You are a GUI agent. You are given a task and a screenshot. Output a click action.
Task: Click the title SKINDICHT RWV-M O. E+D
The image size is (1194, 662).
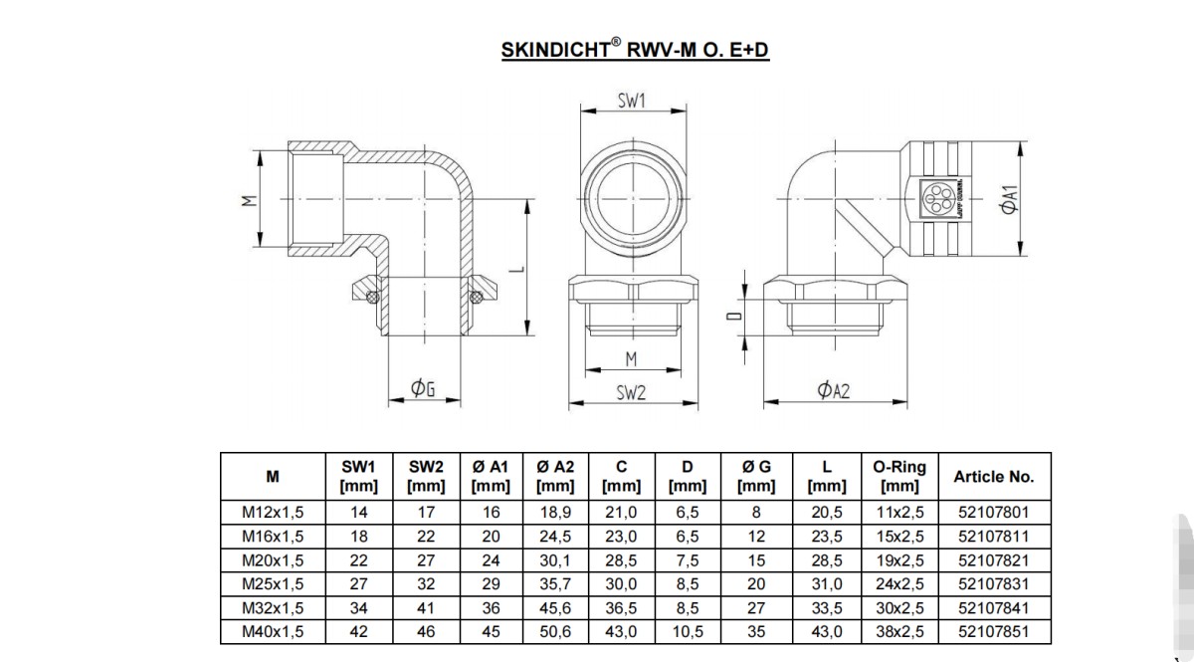(x=635, y=50)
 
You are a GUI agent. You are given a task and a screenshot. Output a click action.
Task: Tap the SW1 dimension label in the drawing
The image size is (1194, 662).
(x=632, y=101)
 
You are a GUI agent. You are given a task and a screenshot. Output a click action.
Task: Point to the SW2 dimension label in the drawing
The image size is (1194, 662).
(x=631, y=393)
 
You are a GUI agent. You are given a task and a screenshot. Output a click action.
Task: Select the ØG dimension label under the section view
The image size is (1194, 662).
(x=423, y=388)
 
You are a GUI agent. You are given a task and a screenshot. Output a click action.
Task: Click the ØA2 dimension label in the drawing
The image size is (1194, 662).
(x=834, y=390)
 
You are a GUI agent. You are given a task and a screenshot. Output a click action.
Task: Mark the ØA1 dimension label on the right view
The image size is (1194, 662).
(x=1010, y=199)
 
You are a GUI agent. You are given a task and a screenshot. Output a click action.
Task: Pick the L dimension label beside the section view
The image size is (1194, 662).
(x=516, y=269)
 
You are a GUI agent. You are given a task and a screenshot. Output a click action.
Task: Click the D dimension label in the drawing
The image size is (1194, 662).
(x=734, y=316)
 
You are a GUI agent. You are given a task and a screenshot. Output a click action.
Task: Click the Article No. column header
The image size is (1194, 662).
(x=994, y=477)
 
